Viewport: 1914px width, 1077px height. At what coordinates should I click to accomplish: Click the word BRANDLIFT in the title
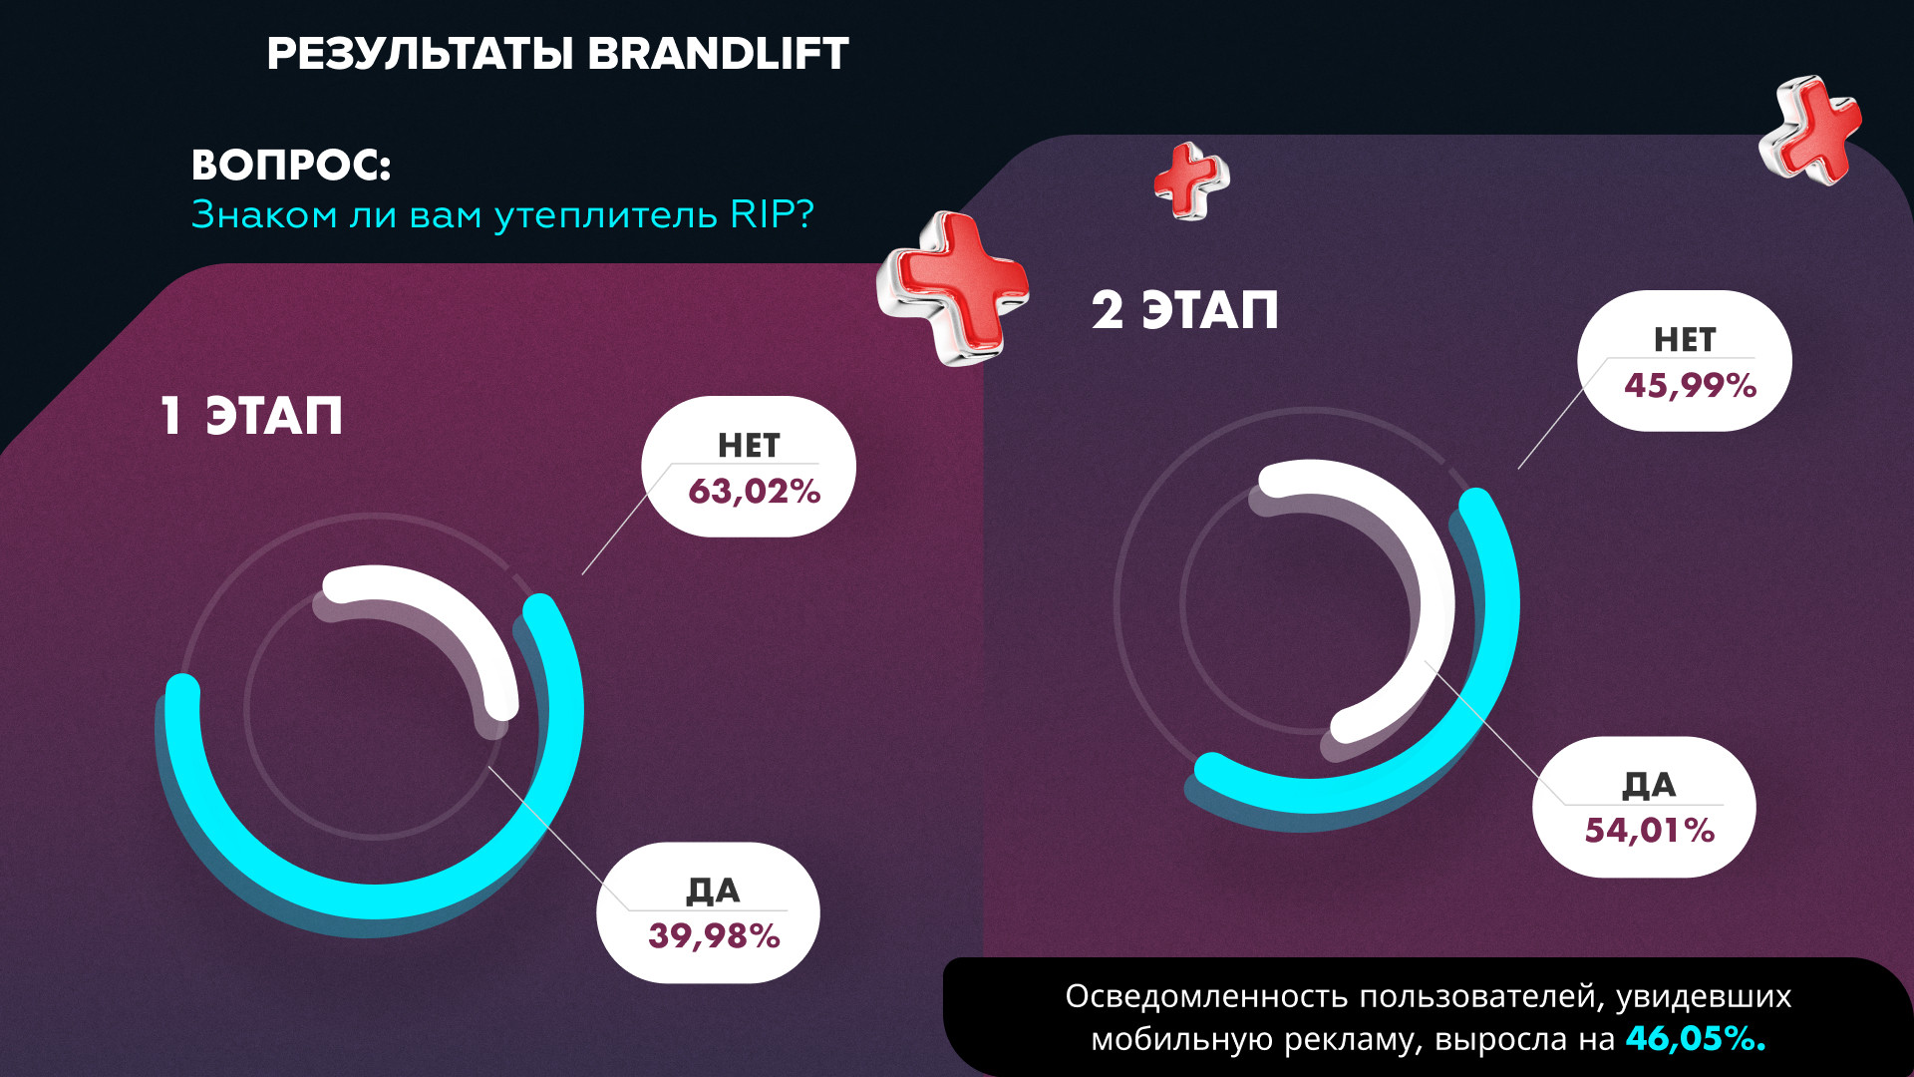(718, 54)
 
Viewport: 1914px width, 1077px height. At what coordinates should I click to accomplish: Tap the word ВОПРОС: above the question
(291, 166)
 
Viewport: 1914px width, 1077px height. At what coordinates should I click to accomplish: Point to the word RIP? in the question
(773, 214)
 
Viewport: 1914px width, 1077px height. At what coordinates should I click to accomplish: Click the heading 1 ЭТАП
(251, 416)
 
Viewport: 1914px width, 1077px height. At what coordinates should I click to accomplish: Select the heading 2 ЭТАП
(1184, 310)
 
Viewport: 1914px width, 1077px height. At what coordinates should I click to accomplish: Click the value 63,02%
(754, 492)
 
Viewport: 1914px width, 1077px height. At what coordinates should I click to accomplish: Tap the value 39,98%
(714, 936)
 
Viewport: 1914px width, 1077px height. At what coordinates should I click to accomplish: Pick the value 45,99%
(1690, 386)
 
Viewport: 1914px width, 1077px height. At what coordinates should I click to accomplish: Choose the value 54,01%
(1649, 831)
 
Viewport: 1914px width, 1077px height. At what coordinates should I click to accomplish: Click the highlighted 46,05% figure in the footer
(1695, 1039)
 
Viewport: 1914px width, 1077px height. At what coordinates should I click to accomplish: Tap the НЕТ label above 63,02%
(749, 446)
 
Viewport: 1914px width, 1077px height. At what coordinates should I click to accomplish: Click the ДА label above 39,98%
(713, 891)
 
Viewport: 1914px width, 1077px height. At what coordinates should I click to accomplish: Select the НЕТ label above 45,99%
(1685, 340)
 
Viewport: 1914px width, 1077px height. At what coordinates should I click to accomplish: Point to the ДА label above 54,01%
(1649, 786)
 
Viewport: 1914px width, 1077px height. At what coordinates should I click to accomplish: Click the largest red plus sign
(952, 287)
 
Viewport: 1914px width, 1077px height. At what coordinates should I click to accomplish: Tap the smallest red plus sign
(1190, 180)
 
